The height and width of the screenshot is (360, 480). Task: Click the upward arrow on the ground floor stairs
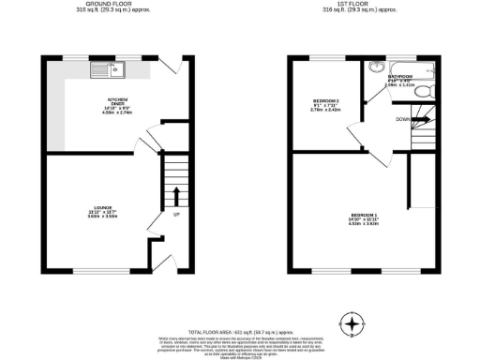174,196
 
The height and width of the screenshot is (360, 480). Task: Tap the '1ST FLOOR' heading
352,4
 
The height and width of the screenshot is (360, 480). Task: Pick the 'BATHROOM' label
401,76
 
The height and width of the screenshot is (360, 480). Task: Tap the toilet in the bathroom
424,90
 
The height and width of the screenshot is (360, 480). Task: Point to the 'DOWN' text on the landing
403,119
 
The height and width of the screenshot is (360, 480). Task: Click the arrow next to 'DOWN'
420,119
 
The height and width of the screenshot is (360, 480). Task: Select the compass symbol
352,325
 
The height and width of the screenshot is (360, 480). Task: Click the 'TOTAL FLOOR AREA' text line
239,333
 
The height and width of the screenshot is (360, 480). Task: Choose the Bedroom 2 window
323,57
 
